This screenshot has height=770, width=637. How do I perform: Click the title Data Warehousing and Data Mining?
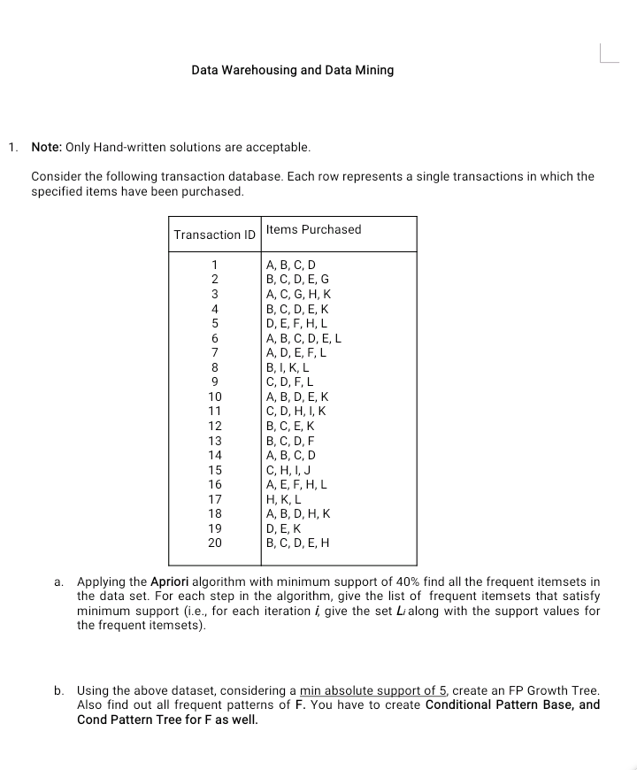pyautogui.click(x=292, y=70)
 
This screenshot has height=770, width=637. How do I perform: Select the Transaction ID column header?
pyautogui.click(x=214, y=235)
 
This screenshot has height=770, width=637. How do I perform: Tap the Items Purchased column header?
pyautogui.click(x=313, y=229)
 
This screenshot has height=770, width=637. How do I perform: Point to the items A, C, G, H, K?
pyautogui.click(x=297, y=294)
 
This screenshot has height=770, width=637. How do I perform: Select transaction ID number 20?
pyautogui.click(x=215, y=543)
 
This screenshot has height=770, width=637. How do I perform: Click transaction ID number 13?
pyautogui.click(x=215, y=441)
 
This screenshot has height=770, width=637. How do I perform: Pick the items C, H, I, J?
pyautogui.click(x=288, y=470)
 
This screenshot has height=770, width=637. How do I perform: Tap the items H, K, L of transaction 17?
pyautogui.click(x=284, y=499)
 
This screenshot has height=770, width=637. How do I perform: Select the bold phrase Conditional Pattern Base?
pyautogui.click(x=502, y=705)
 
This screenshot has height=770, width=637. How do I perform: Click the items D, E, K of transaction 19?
pyautogui.click(x=284, y=528)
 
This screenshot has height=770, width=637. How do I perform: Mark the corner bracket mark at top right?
pyautogui.click(x=610, y=56)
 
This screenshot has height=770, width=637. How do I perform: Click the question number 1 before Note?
pyautogui.click(x=12, y=147)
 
